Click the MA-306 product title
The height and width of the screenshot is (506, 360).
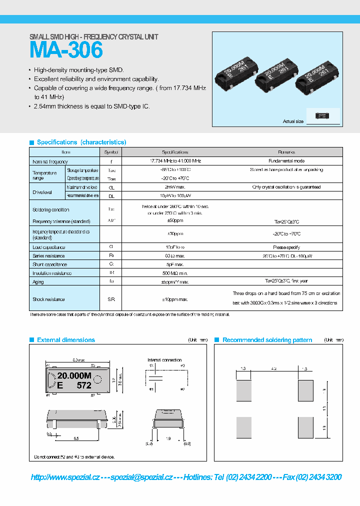(x=66, y=50)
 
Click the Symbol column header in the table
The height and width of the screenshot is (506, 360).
(x=111, y=152)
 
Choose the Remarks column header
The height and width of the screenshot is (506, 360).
(x=286, y=152)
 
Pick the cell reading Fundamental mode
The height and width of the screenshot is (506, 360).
(x=286, y=161)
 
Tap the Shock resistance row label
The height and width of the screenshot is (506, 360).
(x=48, y=299)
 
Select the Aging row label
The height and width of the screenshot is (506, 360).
(x=38, y=282)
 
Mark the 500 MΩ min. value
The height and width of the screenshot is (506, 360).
(x=175, y=273)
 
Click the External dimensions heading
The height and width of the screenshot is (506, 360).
(x=65, y=340)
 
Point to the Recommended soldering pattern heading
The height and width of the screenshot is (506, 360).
(x=267, y=340)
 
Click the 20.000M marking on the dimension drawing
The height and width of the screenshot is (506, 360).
(x=74, y=376)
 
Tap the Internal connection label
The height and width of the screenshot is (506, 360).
(x=164, y=360)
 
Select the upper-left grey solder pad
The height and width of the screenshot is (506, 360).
(x=244, y=390)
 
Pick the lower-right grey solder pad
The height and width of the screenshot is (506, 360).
(x=305, y=427)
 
